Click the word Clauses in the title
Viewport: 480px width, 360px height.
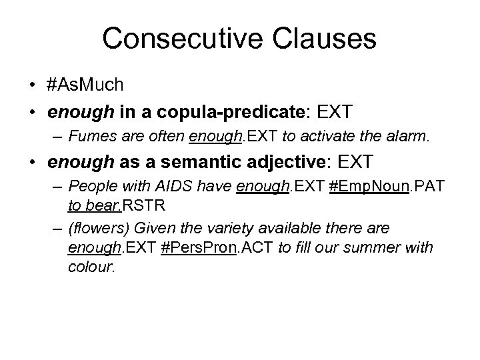pyautogui.click(x=323, y=39)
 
